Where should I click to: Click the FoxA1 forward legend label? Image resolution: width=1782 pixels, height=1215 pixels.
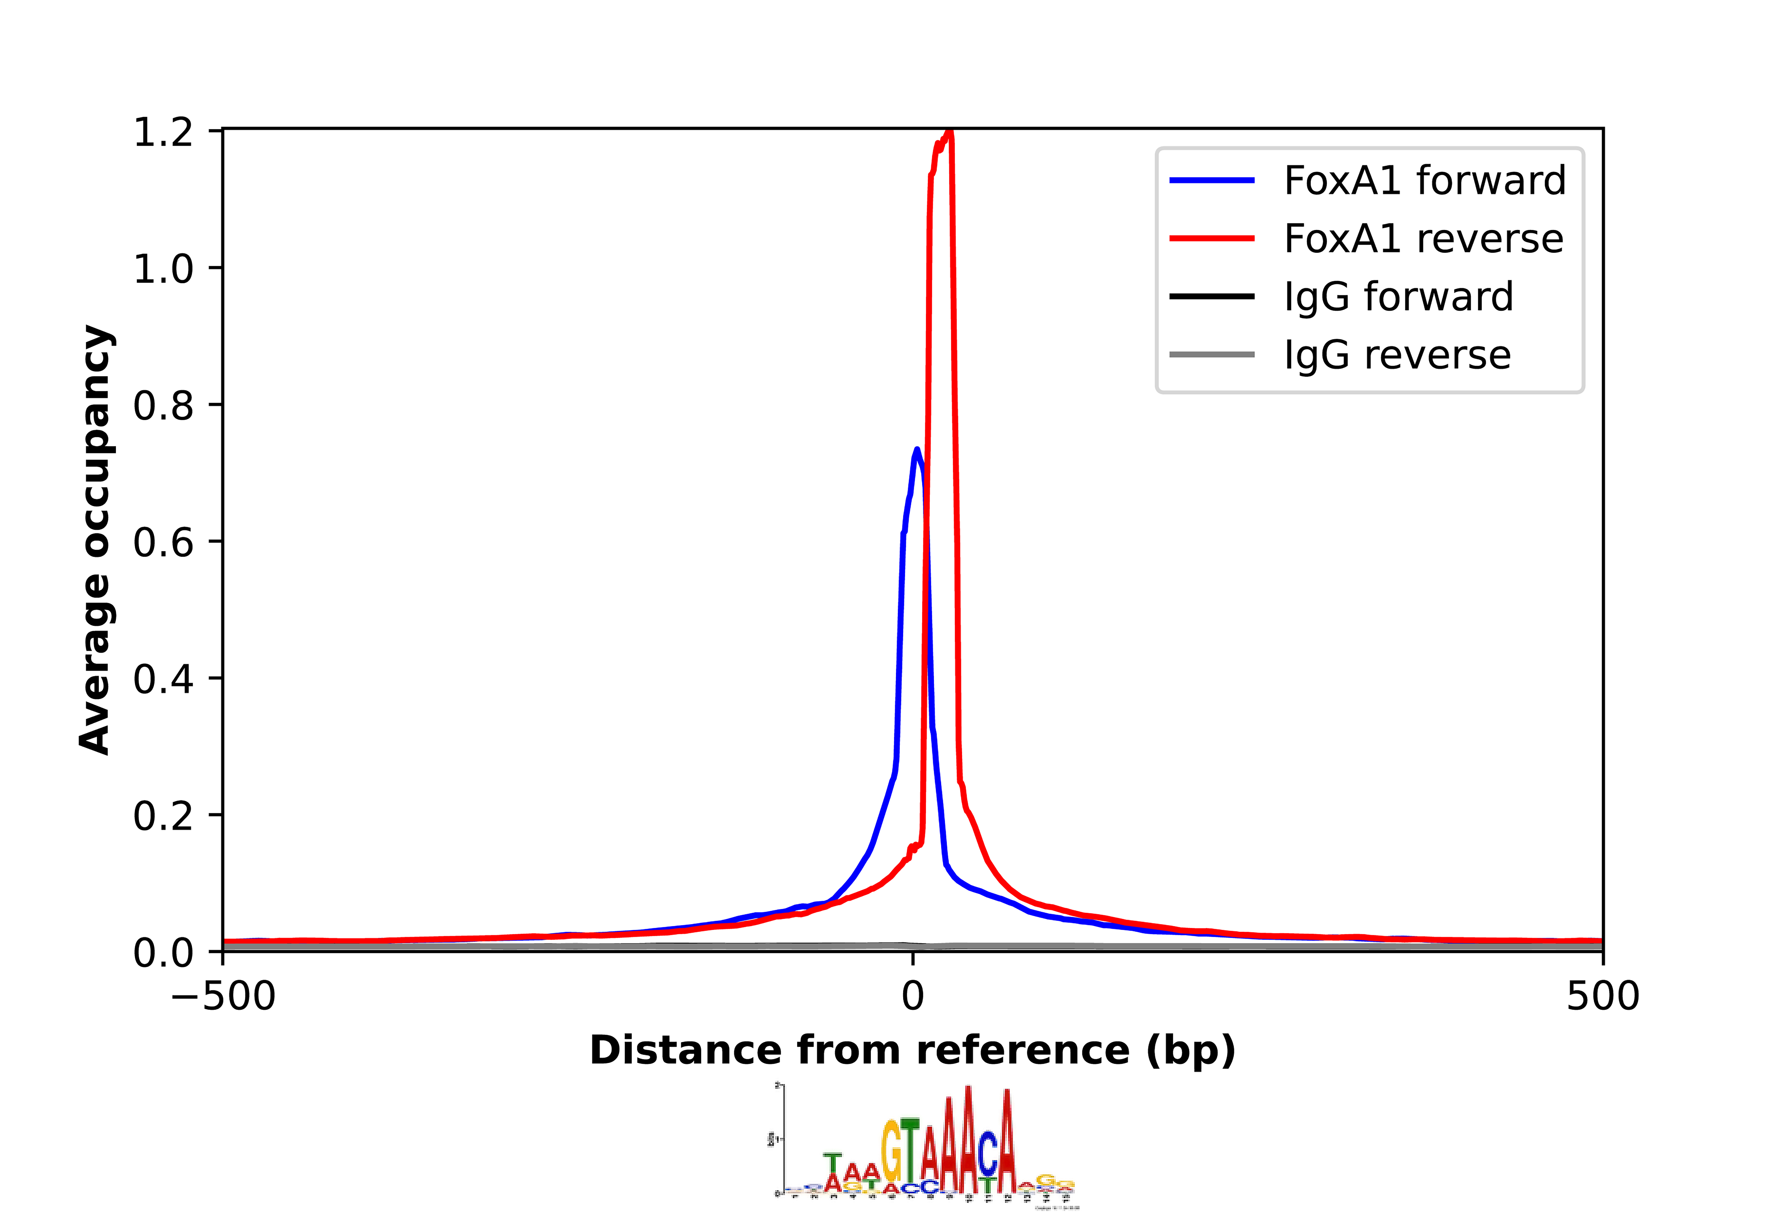click(1424, 181)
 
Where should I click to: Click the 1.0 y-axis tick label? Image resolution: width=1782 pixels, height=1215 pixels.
click(163, 269)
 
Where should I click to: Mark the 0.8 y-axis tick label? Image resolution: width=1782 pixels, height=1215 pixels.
click(163, 406)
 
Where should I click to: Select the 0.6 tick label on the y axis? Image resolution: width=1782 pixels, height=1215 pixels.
click(163, 542)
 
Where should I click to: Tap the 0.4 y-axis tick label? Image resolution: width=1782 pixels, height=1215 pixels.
click(163, 679)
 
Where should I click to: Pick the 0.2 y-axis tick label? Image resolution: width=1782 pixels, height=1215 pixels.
click(163, 815)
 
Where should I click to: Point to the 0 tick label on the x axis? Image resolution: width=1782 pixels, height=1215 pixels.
click(912, 996)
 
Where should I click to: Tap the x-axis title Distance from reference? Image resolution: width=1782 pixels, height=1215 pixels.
click(912, 1051)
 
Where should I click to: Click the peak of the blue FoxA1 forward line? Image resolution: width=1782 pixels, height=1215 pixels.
click(916, 450)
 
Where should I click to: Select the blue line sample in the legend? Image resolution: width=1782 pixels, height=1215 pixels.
click(1211, 181)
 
